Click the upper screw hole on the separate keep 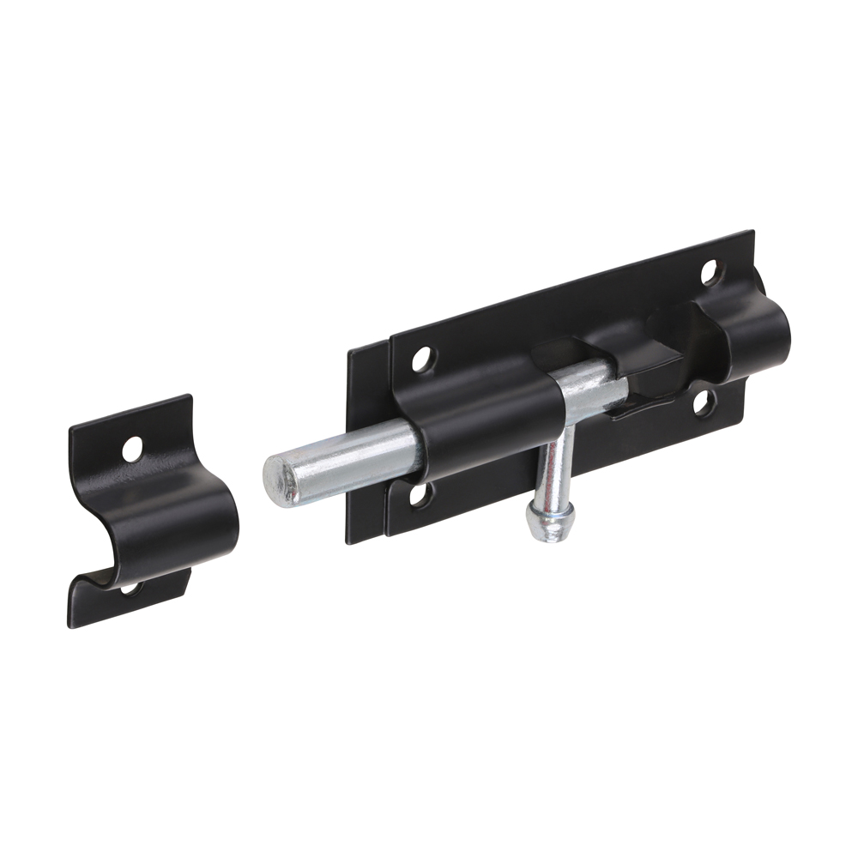click(x=132, y=448)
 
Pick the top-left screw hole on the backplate click(x=421, y=359)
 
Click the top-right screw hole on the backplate click(x=710, y=272)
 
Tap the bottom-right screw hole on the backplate click(x=702, y=402)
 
